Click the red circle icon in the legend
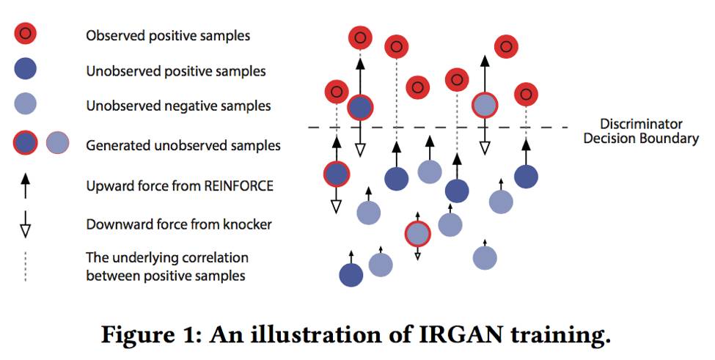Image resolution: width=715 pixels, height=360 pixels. pyautogui.click(x=25, y=34)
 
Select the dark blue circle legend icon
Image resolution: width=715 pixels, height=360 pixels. pyautogui.click(x=25, y=70)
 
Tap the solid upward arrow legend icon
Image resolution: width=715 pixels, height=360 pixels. pyautogui.click(x=25, y=186)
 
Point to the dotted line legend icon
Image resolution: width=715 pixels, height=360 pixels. pyautogui.click(x=25, y=267)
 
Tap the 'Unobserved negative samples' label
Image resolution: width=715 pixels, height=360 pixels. pyautogui.click(x=178, y=106)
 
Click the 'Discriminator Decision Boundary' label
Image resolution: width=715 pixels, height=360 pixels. pyautogui.click(x=641, y=131)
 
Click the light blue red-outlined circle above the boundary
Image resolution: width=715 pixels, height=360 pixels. pyautogui.click(x=484, y=106)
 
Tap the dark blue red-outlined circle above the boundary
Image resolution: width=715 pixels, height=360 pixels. pyautogui.click(x=359, y=108)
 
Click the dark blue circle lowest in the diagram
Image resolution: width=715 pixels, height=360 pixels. pyautogui.click(x=351, y=274)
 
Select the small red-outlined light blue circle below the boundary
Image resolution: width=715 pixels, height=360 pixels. pyautogui.click(x=417, y=235)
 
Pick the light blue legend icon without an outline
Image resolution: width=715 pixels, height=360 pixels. pyautogui.click(x=25, y=106)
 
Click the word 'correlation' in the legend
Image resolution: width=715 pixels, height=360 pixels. pyautogui.click(x=216, y=258)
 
